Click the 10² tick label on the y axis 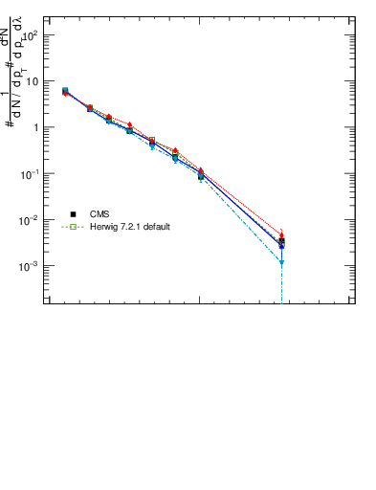pos(30,34)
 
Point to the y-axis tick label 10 pos(33,81)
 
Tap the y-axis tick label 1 pos(35,127)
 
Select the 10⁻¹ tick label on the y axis pos(30,172)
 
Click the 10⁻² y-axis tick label pos(30,219)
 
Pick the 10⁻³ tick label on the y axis pos(30,265)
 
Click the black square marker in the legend pos(73,214)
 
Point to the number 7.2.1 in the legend pos(130,227)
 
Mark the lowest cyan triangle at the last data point pos(282,262)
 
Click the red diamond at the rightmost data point pos(282,234)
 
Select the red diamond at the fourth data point pos(130,125)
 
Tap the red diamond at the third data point pos(109,117)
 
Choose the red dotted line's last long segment pos(242,203)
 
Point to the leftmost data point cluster pos(65,91)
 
